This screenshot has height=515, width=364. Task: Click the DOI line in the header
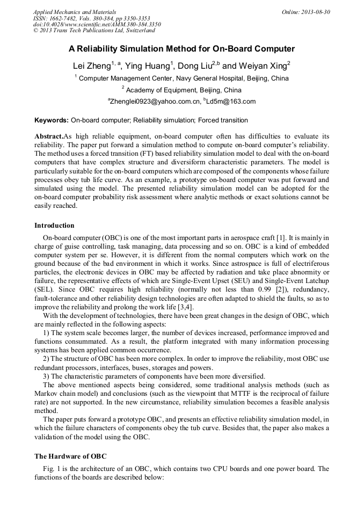coord(97,25)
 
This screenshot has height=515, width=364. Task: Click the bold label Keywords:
coord(52,120)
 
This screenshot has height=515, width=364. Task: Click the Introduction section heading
coord(54,226)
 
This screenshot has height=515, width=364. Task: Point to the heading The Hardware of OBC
coord(70,456)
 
